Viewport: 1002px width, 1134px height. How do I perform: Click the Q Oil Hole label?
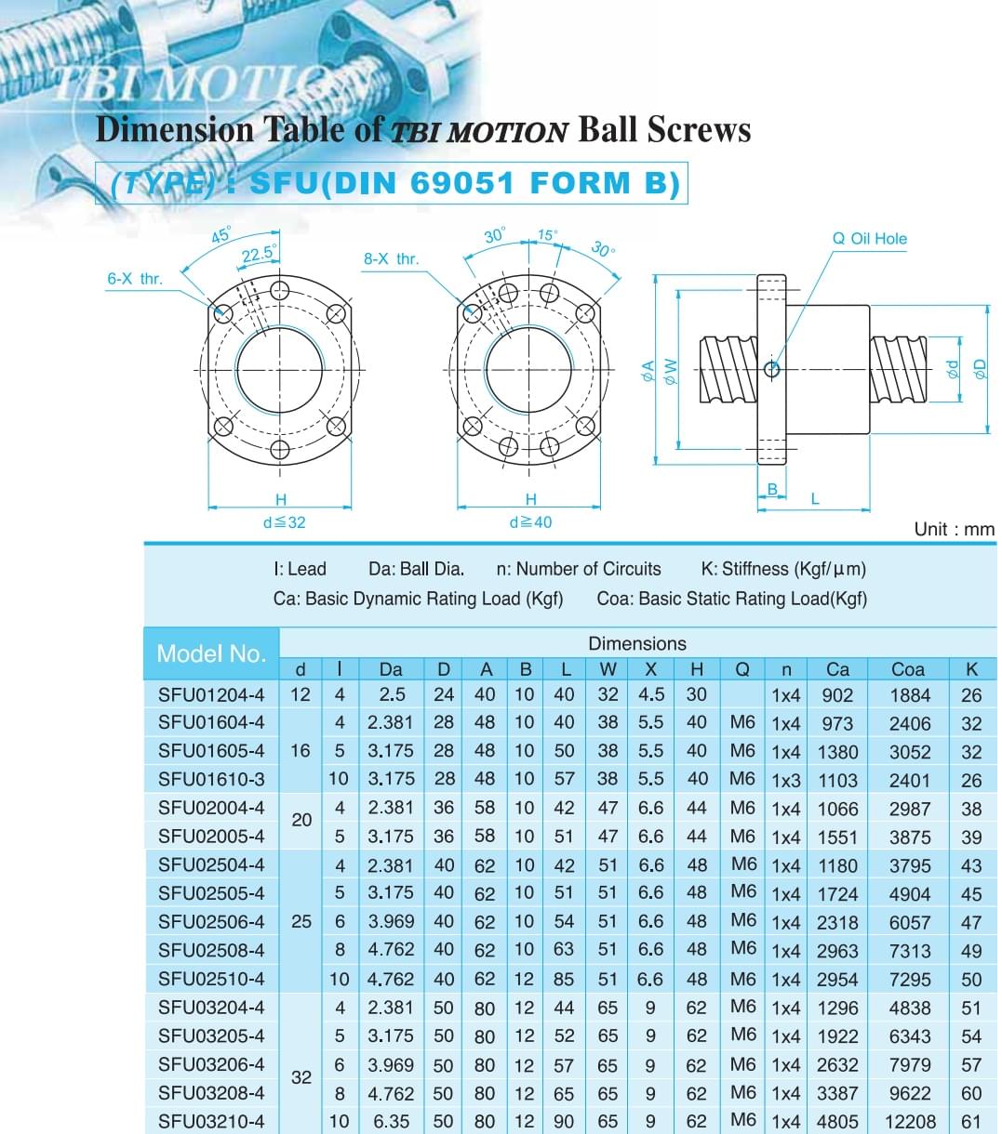(869, 239)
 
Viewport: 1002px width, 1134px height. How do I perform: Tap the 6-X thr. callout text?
(135, 278)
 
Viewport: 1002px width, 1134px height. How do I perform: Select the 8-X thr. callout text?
(391, 258)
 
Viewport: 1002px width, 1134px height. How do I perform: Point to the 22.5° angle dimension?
(259, 254)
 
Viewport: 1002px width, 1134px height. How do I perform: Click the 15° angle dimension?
(547, 235)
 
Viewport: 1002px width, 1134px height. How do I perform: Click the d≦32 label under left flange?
(284, 522)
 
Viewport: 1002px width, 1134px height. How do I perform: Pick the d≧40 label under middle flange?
(530, 522)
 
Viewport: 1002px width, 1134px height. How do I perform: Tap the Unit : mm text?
(954, 529)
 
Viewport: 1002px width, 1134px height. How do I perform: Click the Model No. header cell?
(211, 653)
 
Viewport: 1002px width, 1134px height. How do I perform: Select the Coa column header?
(908, 668)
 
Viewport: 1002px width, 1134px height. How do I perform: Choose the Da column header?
(391, 668)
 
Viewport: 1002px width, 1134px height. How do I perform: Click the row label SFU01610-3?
(211, 779)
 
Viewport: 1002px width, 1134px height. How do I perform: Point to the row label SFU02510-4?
(211, 979)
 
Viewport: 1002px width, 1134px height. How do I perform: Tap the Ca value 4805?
(837, 1122)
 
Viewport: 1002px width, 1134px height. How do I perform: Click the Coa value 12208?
(909, 1122)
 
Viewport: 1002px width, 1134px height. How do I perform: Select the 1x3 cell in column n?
(785, 780)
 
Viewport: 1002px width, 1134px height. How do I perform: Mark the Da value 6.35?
(391, 1122)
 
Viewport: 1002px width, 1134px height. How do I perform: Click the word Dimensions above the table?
(637, 643)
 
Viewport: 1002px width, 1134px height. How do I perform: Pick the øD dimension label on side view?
(979, 369)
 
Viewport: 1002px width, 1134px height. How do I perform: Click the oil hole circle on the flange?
(771, 370)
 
